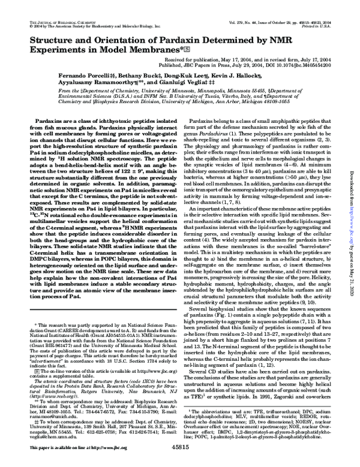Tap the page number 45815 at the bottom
pyautogui.click(x=180, y=447)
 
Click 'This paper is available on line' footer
pyautogui.click(x=60, y=447)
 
